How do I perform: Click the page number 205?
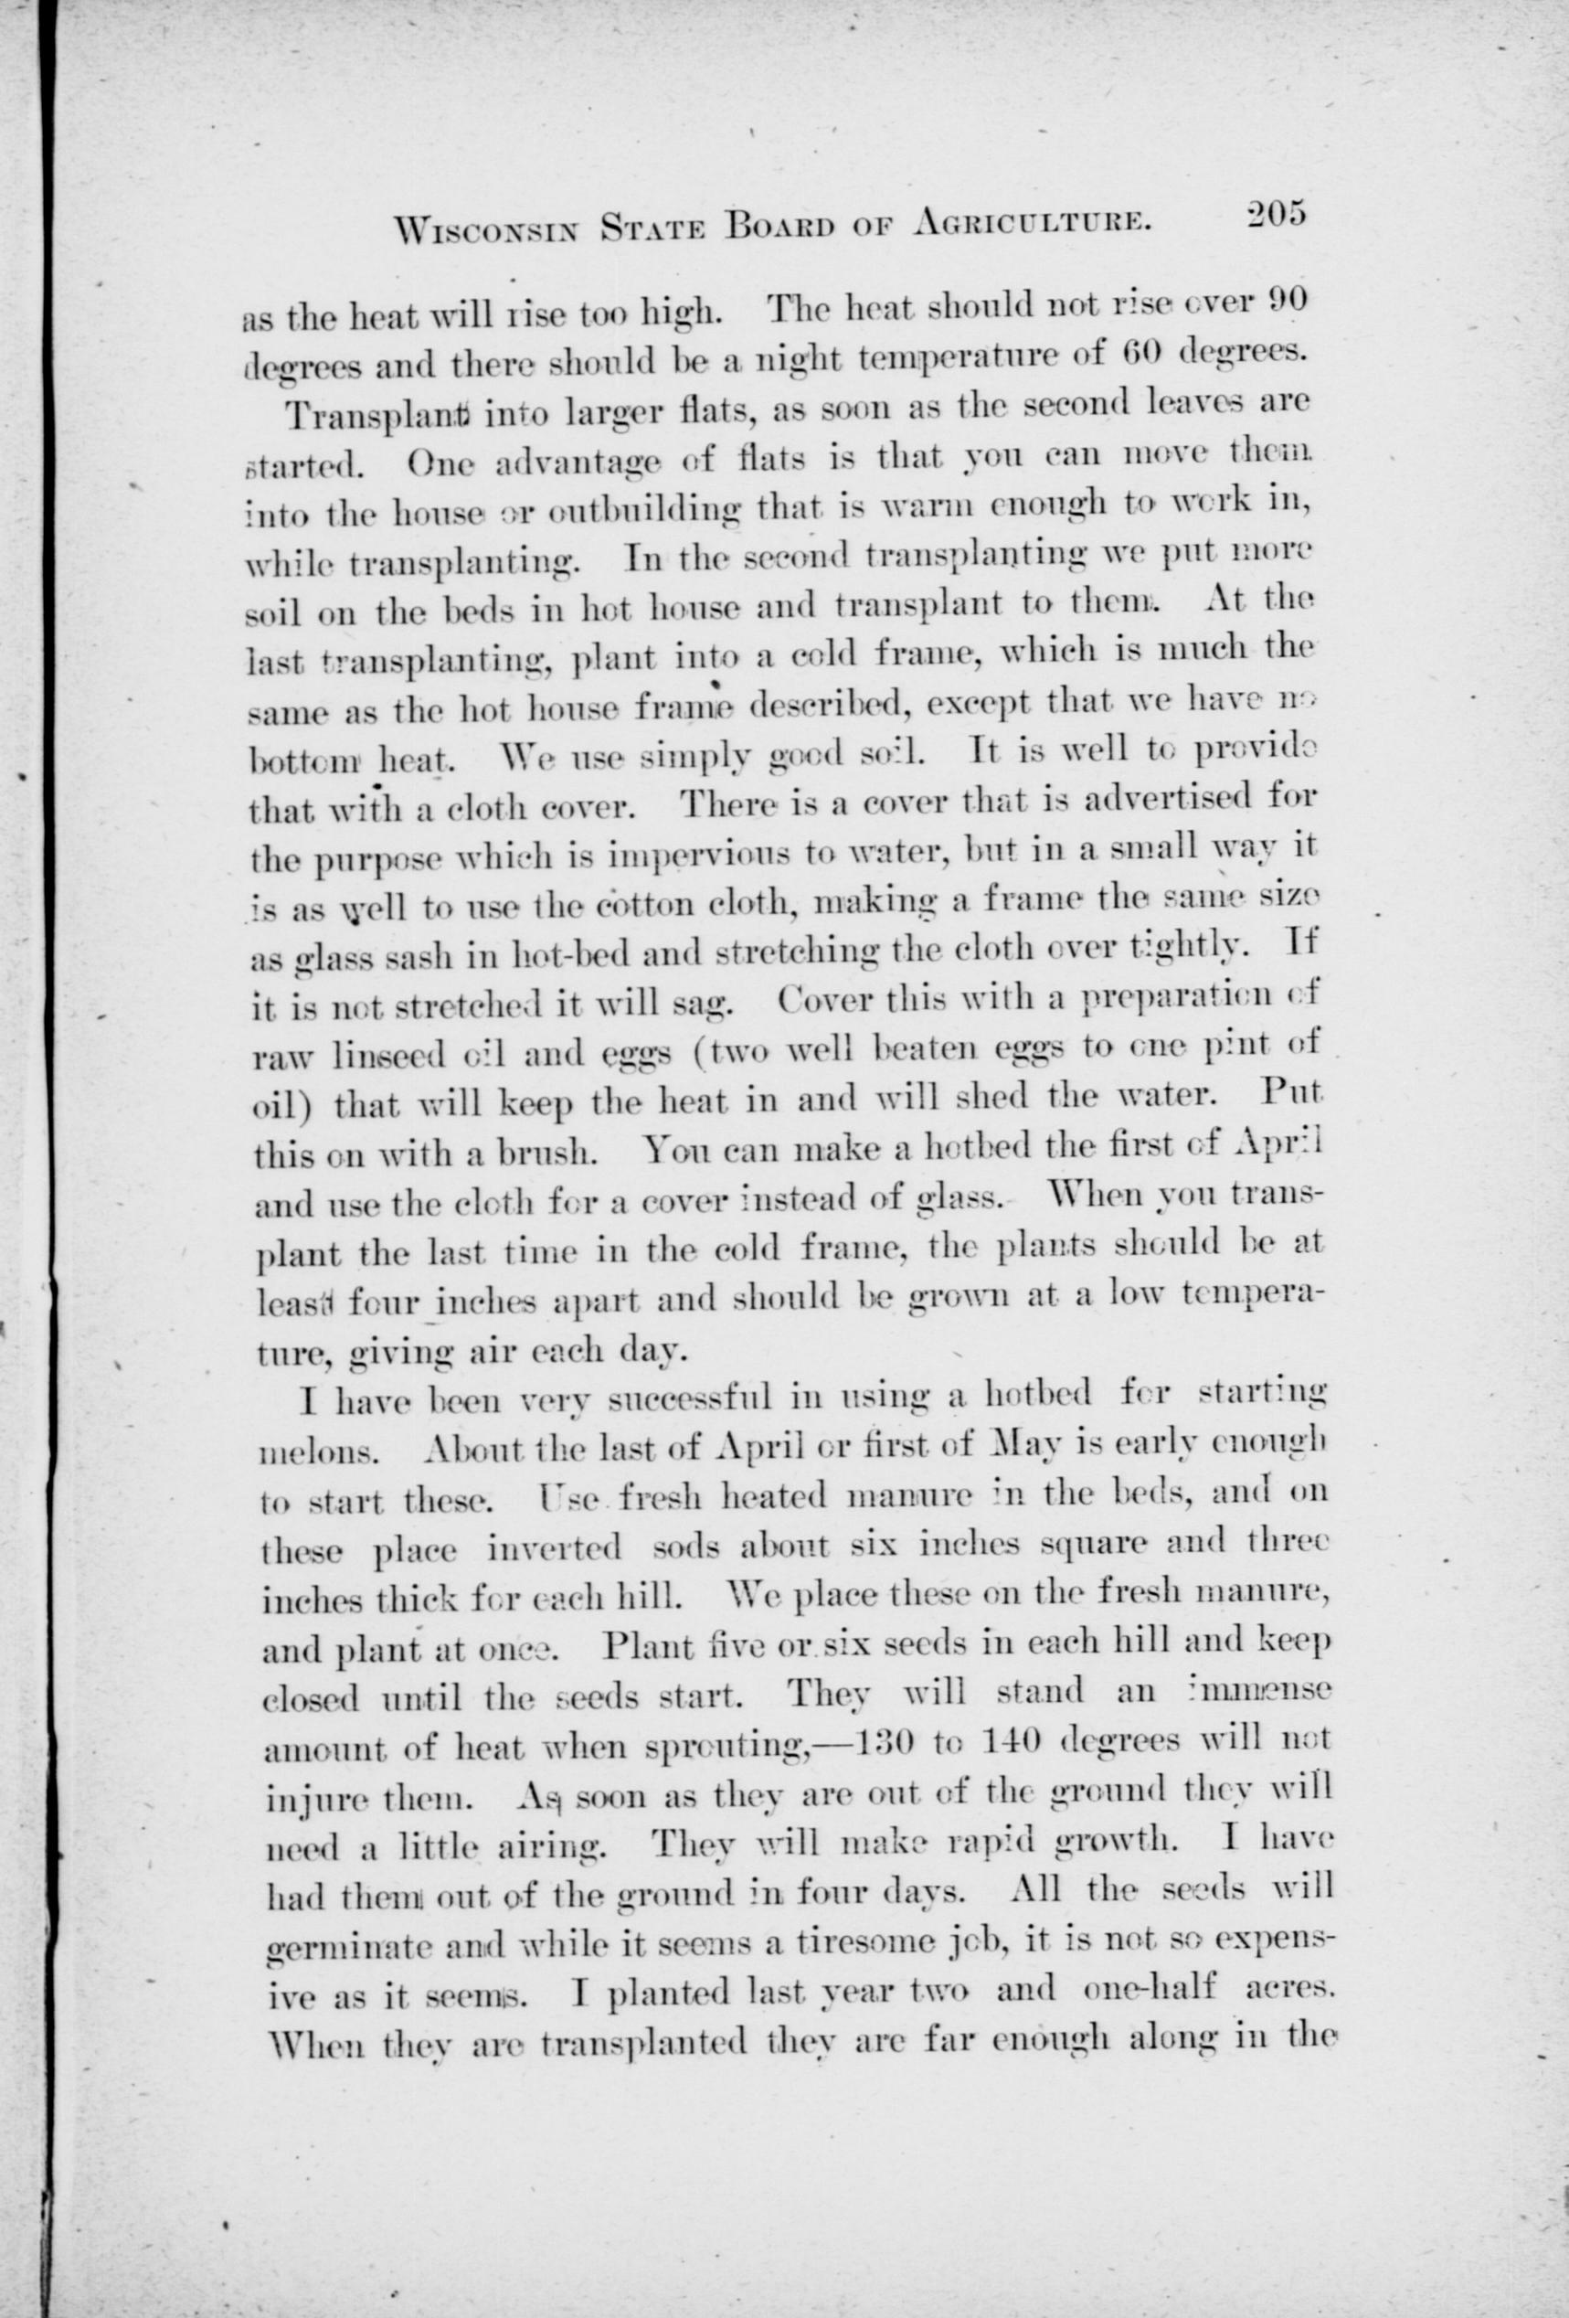(1274, 218)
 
